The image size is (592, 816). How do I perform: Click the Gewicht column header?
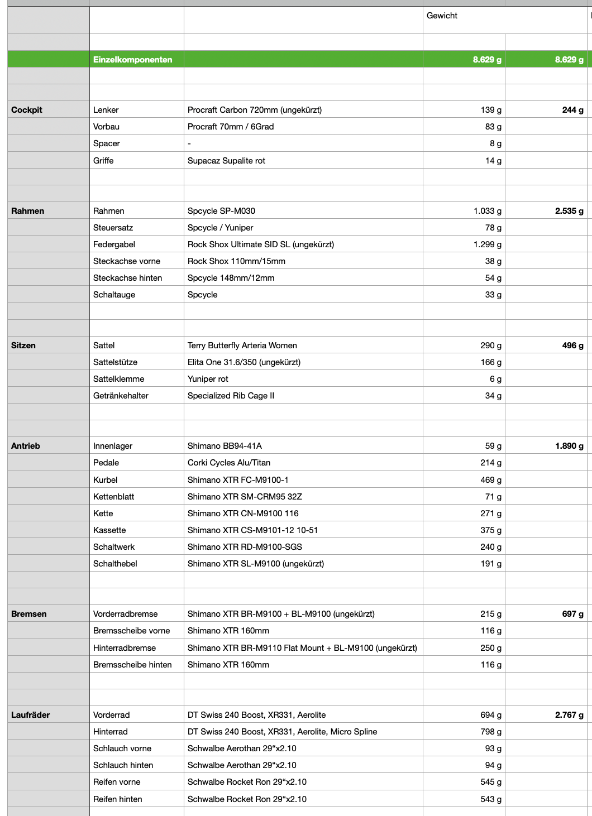tap(442, 16)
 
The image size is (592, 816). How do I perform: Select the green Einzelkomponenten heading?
tap(133, 60)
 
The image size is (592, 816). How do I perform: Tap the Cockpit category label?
tap(27, 110)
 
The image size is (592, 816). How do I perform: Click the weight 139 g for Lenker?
tap(491, 110)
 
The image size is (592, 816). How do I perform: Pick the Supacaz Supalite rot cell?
tap(226, 161)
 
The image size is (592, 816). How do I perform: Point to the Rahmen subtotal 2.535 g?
tap(569, 211)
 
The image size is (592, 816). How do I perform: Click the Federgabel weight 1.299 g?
tap(487, 244)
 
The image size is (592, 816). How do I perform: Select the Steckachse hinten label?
tap(127, 278)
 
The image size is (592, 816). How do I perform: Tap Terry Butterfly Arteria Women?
tap(242, 345)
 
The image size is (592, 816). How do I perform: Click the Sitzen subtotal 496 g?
tap(572, 345)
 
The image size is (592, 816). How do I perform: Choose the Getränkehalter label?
tap(121, 396)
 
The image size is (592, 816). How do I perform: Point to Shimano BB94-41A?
tap(225, 446)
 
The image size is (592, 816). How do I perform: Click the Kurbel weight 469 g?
tap(491, 480)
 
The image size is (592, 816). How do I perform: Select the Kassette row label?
tap(109, 530)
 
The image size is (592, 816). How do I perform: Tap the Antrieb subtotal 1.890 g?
tap(569, 446)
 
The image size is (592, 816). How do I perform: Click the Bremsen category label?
tap(29, 614)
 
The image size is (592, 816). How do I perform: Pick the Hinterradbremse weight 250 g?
tap(491, 648)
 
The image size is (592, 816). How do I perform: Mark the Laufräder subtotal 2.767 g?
tap(569, 715)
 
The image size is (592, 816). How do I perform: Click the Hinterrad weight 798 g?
tap(491, 732)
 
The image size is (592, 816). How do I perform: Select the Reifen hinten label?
tap(117, 799)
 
